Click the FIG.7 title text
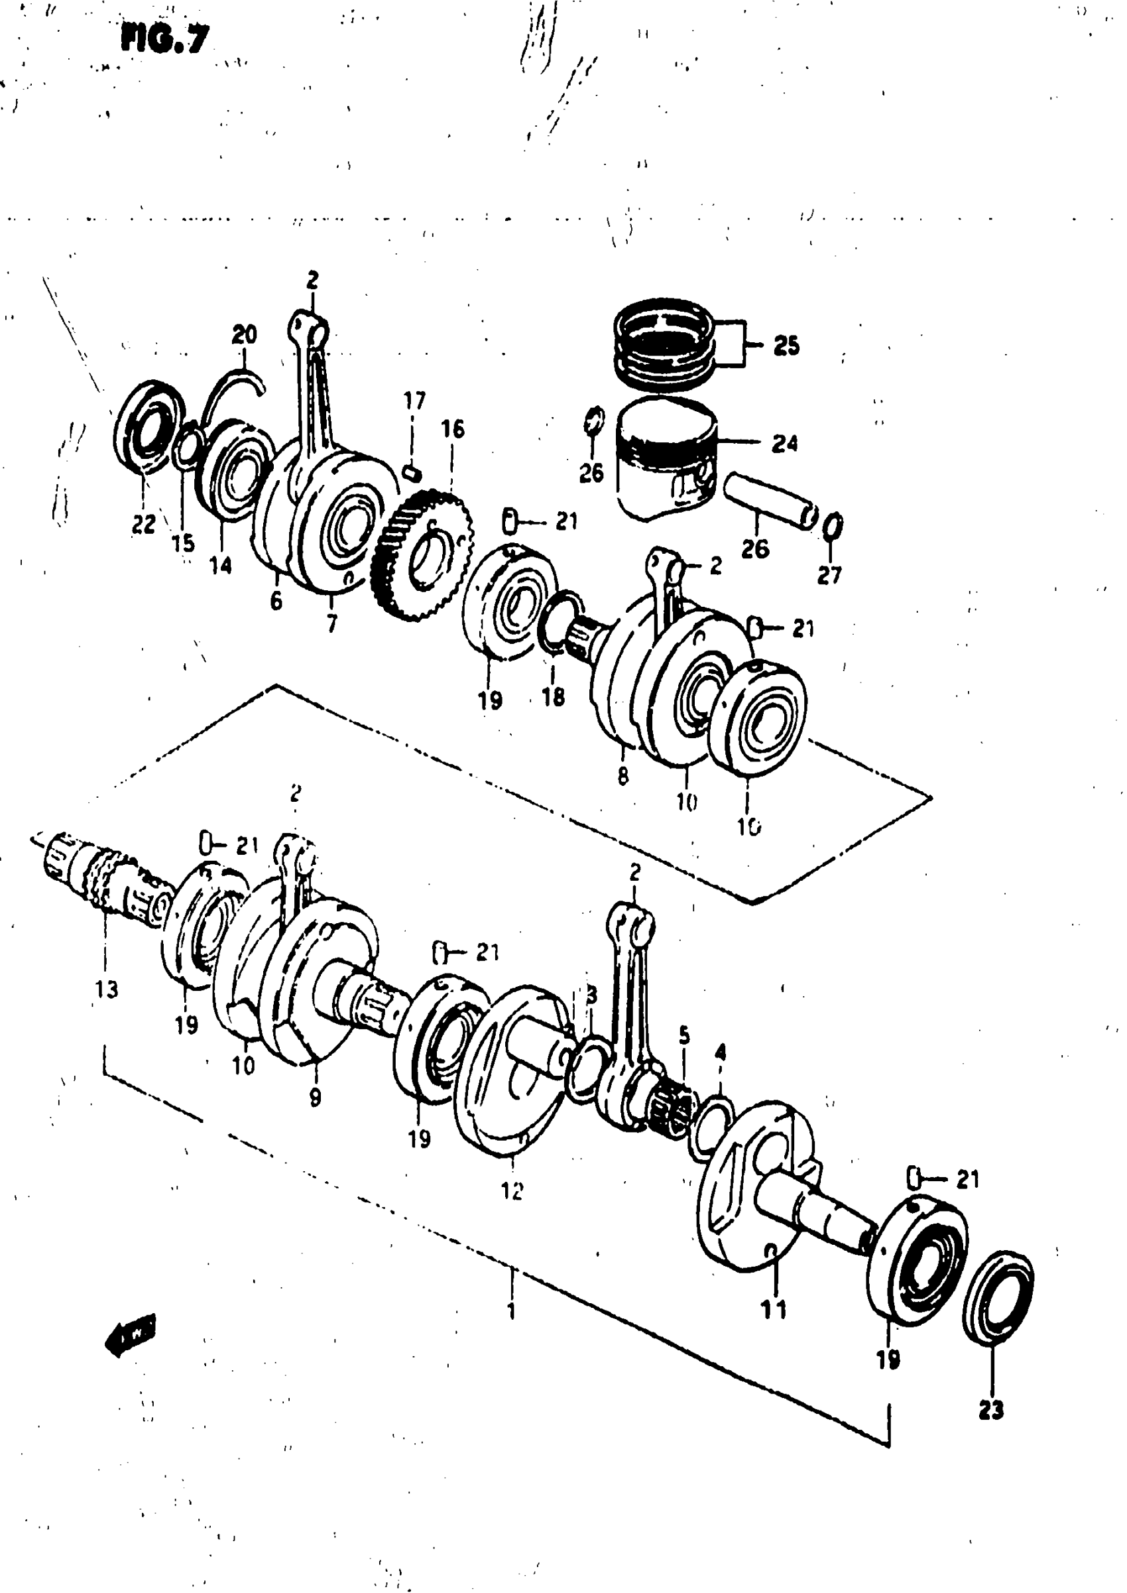click(x=164, y=40)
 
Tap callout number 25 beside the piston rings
click(x=786, y=345)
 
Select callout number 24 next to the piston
click(x=784, y=443)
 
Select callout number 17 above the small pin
click(x=414, y=401)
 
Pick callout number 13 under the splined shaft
click(x=106, y=989)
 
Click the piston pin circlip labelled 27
click(x=833, y=525)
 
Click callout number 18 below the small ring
click(x=553, y=696)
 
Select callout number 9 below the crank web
click(x=315, y=1098)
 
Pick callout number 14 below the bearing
click(x=221, y=566)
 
